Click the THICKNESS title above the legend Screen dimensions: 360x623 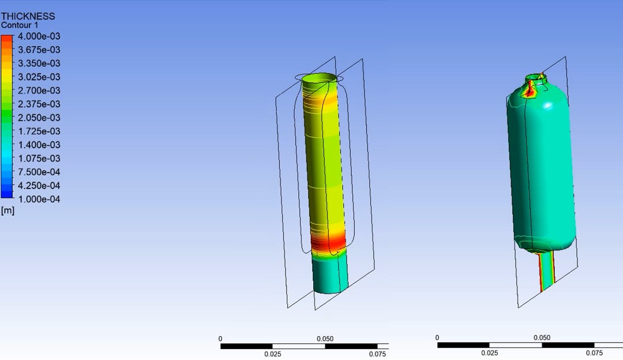pyautogui.click(x=28, y=16)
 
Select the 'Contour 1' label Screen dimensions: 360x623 pyautogui.click(x=20, y=25)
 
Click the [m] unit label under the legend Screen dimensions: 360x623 pyautogui.click(x=7, y=211)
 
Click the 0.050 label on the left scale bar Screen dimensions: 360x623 pyautogui.click(x=325, y=339)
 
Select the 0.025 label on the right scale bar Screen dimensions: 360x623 pyautogui.click(x=489, y=353)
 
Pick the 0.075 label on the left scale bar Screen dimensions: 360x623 pyautogui.click(x=377, y=354)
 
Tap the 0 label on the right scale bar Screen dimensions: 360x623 pyautogui.click(x=437, y=337)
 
